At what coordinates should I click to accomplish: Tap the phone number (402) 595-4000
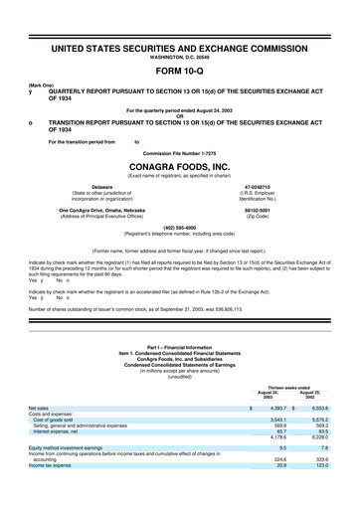pyautogui.click(x=180, y=225)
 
